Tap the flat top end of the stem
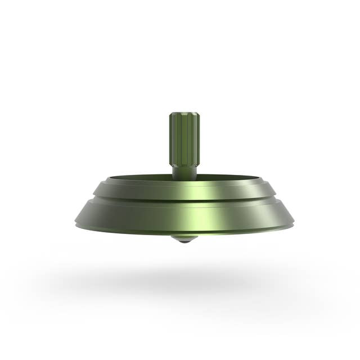pyautogui.click(x=184, y=114)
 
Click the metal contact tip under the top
pyautogui.click(x=181, y=238)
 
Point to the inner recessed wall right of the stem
pyautogui.click(x=231, y=179)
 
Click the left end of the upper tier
pyautogui.click(x=96, y=191)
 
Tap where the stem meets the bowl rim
pyautogui.click(x=184, y=179)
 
